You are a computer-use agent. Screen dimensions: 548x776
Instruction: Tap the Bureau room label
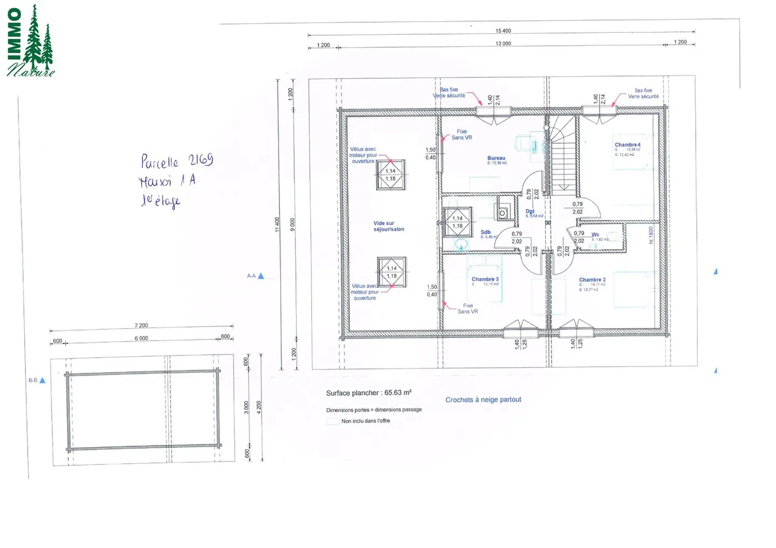496,158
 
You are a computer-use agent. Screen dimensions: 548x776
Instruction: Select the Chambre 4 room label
627,145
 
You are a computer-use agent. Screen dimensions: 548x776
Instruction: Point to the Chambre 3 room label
485,279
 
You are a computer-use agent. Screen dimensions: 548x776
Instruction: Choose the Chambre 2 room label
592,280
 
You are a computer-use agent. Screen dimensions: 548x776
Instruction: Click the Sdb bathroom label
486,232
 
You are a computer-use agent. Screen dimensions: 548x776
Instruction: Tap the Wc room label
595,234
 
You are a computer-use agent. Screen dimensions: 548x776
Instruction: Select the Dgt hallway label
530,212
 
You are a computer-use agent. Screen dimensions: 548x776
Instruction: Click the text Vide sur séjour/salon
389,226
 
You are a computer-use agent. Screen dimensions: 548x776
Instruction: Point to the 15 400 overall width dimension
503,31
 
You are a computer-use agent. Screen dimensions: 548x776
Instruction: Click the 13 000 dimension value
503,44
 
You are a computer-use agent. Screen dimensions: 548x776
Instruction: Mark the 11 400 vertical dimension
277,224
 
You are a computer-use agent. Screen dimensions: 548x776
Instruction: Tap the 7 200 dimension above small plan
141,325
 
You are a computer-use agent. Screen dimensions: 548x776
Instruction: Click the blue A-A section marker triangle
261,276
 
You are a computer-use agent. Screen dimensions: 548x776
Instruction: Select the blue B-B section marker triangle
43,380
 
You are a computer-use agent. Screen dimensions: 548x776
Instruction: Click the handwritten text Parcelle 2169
177,161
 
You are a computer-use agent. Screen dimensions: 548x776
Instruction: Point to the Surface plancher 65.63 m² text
369,393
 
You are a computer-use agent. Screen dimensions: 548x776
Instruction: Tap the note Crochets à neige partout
483,400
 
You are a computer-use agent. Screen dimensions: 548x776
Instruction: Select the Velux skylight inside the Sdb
458,222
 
